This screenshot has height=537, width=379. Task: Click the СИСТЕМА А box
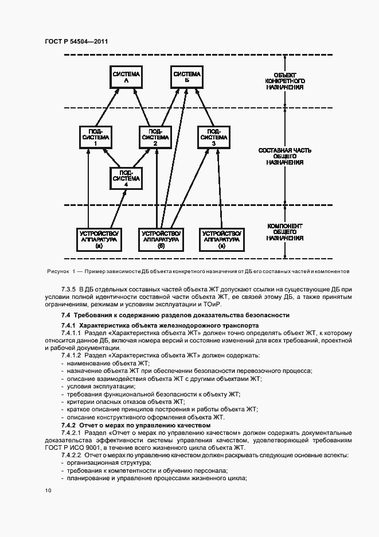[x=126, y=78]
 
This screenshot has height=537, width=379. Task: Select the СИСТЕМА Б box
[x=187, y=78]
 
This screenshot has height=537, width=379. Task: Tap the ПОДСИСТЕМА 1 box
[x=95, y=138]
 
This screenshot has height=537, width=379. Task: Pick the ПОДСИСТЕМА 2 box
[x=155, y=138]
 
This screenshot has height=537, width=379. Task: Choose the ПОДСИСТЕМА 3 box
[x=213, y=138]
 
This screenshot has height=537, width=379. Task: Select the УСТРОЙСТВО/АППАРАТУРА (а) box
[x=99, y=239]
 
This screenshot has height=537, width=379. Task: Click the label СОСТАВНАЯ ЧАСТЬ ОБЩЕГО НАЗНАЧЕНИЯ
[x=284, y=155]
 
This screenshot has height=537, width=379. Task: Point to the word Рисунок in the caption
[x=57, y=271]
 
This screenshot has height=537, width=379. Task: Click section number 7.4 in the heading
[x=66, y=315]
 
